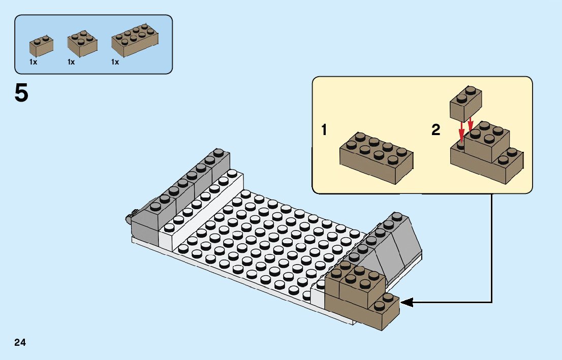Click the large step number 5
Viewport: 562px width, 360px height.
(x=21, y=93)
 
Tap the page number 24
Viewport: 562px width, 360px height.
(x=20, y=342)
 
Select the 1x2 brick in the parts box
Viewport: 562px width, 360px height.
(x=41, y=46)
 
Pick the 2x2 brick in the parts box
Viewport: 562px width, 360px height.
(x=82, y=45)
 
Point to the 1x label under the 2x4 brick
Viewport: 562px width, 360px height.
(x=115, y=62)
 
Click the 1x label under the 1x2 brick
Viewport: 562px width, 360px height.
(x=33, y=62)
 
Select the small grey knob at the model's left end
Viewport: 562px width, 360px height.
(x=130, y=218)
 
